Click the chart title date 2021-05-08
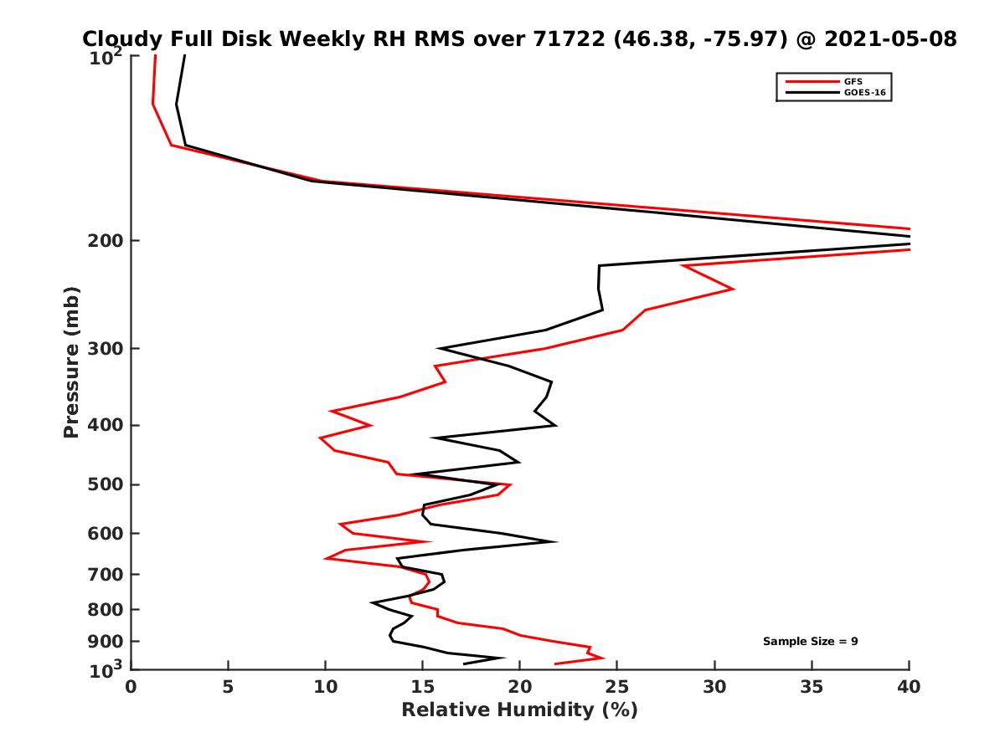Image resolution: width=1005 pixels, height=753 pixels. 889,39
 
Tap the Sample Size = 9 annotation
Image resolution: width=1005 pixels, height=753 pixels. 810,642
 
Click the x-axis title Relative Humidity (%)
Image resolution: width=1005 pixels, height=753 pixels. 519,710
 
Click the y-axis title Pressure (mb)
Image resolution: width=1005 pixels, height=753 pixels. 71,361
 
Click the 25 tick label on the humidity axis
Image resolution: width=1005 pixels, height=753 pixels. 617,687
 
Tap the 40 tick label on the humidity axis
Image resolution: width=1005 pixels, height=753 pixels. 909,687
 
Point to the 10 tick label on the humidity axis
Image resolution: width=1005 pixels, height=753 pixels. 325,687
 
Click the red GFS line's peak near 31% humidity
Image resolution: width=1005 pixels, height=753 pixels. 733,289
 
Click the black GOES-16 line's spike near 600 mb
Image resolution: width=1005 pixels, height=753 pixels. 554,541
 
